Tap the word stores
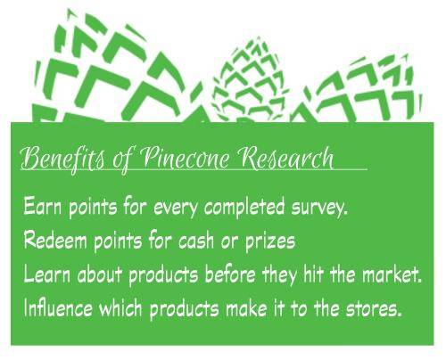tap(376, 309)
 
